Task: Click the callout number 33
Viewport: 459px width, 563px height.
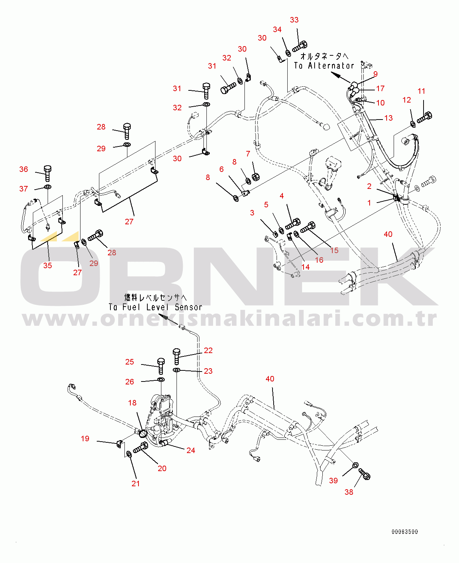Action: coord(294,20)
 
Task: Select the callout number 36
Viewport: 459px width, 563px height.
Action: coord(24,169)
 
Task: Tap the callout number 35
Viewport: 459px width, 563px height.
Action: coord(48,266)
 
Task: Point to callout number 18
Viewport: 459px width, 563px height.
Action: coord(132,403)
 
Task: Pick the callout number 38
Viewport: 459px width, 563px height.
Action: coord(349,492)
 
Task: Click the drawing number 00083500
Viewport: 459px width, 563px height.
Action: coord(405,532)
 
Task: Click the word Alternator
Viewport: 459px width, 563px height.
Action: coord(331,66)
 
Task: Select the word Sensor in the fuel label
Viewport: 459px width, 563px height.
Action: coord(189,307)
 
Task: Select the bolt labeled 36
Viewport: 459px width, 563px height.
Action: coord(47,173)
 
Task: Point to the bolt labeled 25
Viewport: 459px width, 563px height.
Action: coord(161,365)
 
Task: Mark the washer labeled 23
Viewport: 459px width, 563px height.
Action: coord(177,370)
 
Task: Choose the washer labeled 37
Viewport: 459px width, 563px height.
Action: coord(48,187)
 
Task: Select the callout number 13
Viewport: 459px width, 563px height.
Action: coord(388,118)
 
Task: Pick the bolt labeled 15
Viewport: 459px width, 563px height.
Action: coord(308,227)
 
